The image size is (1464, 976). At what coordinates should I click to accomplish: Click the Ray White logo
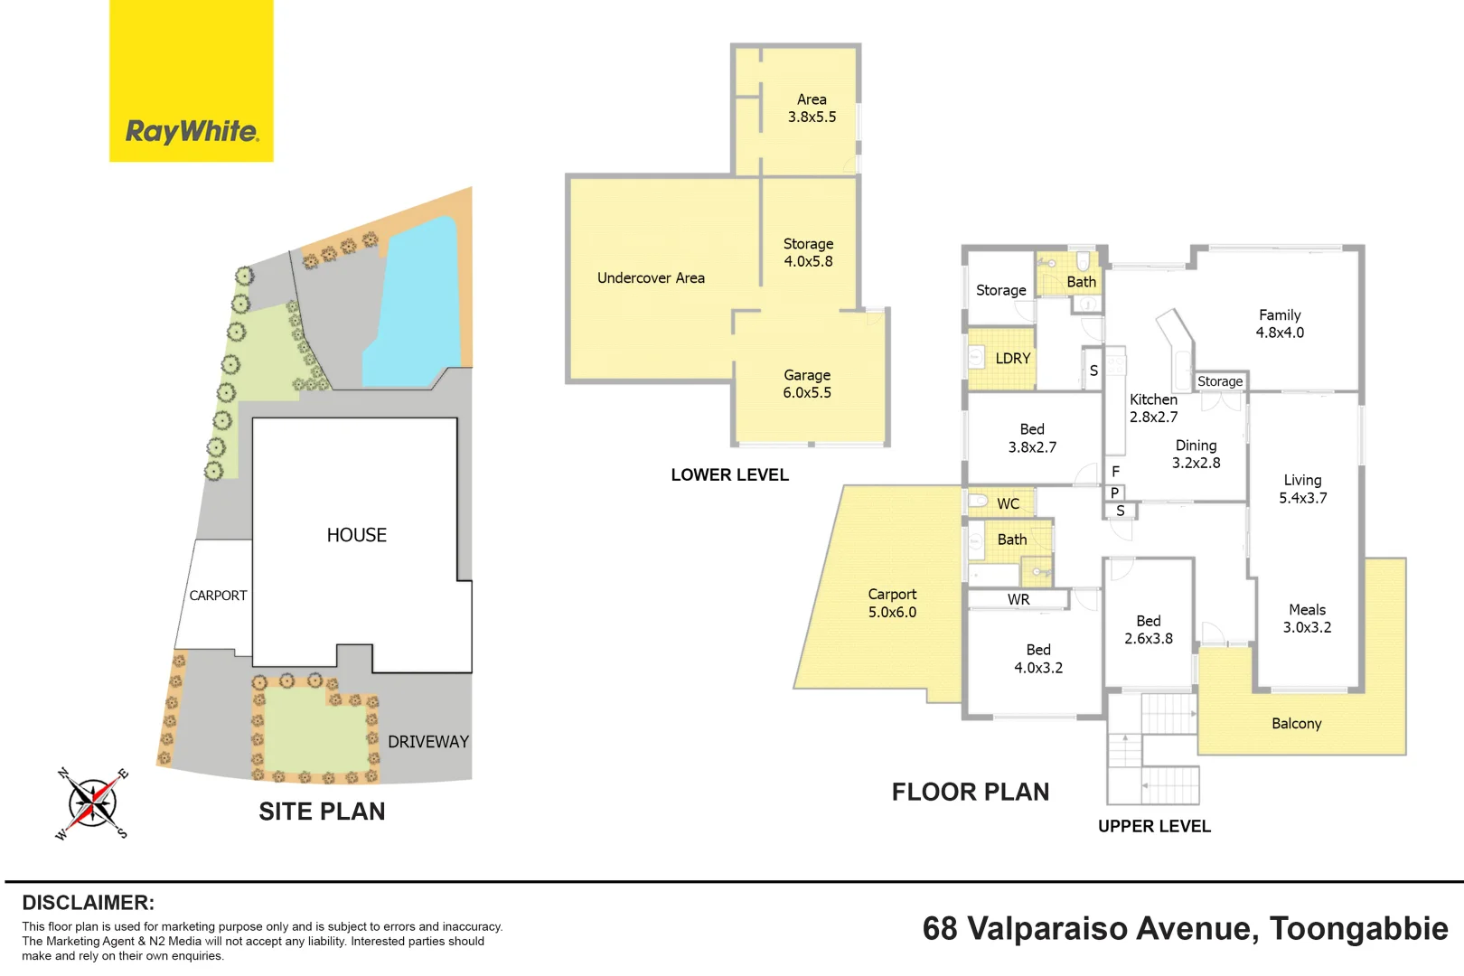(192, 80)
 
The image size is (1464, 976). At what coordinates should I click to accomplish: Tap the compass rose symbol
(92, 802)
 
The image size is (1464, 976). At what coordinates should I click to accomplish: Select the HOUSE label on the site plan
(356, 535)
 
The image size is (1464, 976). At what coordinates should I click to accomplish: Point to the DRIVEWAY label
(428, 741)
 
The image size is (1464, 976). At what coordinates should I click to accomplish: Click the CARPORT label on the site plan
(218, 596)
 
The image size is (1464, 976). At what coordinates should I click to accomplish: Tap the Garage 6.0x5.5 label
(807, 384)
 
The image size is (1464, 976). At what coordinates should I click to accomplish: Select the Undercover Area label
(651, 277)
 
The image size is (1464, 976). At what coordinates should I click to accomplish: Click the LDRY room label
(1012, 358)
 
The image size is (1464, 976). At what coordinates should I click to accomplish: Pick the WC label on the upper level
(1008, 503)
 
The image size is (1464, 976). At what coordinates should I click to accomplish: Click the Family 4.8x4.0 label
(1280, 324)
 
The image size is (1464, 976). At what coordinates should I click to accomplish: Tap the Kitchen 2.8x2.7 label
(1153, 408)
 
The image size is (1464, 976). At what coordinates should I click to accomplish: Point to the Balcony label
(1297, 723)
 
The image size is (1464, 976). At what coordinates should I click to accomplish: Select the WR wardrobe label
(1018, 599)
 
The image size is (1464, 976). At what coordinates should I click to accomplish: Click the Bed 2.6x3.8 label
(1149, 630)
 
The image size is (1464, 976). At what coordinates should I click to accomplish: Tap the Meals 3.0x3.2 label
(1307, 618)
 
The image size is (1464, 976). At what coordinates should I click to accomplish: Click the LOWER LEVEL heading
(729, 474)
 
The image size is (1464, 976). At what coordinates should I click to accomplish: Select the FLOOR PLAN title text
(971, 792)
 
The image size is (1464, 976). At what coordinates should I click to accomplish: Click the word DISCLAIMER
(89, 903)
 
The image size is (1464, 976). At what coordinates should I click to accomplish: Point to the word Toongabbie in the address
(1359, 928)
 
